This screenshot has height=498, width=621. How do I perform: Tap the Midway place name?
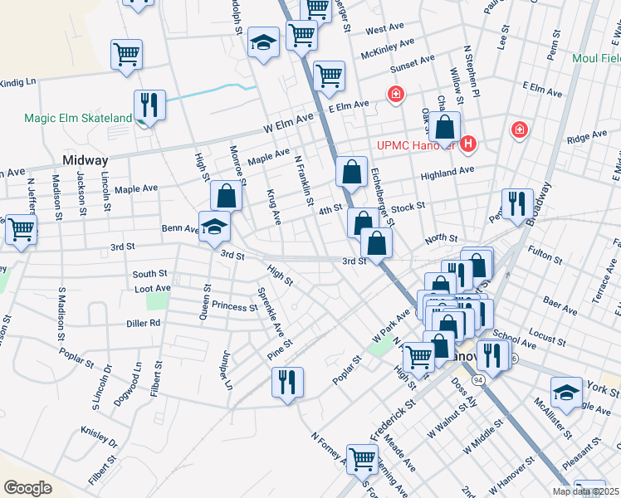pos(86,160)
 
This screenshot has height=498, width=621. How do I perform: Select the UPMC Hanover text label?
pos(413,144)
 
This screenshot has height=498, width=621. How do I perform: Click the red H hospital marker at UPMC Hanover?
pos(468,144)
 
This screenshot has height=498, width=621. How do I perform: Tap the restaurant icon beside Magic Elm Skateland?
pos(149,105)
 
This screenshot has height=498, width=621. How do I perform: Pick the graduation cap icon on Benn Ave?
pos(214,227)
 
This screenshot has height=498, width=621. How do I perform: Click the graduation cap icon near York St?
pos(567,393)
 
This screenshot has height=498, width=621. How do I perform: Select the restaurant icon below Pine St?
pos(287,383)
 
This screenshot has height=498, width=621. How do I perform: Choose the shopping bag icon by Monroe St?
pos(226,197)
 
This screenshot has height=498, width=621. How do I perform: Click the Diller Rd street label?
pos(144,324)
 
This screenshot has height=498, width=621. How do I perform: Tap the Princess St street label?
pos(235,306)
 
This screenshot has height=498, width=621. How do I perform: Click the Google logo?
pos(27,487)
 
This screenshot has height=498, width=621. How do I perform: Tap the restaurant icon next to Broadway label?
pos(516,204)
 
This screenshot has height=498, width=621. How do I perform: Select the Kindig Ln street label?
pos(18,82)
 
